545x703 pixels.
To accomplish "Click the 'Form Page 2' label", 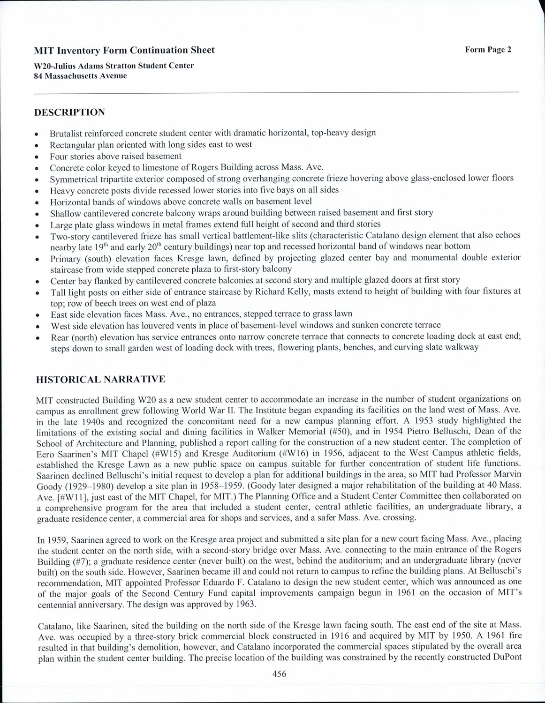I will pyautogui.click(x=488, y=50).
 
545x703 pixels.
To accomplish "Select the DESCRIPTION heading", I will pyautogui.click(x=70, y=112).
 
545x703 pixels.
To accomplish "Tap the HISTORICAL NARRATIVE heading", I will pyautogui.click(x=100, y=379).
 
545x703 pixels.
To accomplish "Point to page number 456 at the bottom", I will pyautogui.click(x=279, y=674).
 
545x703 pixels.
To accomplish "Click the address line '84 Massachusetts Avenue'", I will pyautogui.click(x=80, y=76).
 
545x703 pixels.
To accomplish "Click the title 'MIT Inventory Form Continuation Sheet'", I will pyautogui.click(x=124, y=50).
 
